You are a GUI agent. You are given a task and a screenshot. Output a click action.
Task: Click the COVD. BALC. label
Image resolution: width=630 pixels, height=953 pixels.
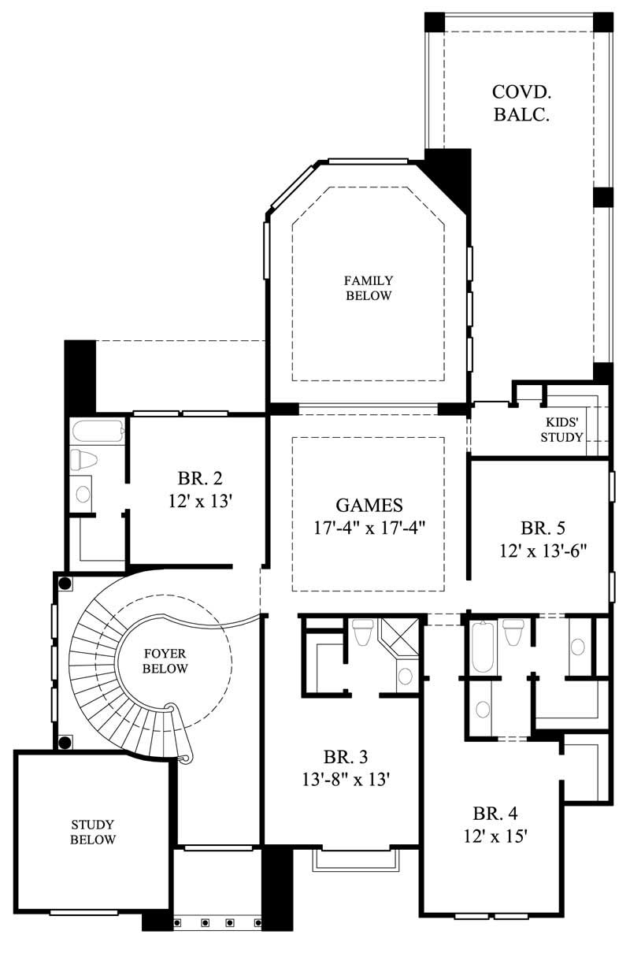[521, 102]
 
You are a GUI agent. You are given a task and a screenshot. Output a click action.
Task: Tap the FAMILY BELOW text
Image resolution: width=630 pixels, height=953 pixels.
[368, 288]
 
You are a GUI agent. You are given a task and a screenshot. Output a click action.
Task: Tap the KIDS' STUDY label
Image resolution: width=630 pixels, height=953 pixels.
[561, 430]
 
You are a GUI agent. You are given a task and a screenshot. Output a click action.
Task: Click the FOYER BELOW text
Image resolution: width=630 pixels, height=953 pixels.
[165, 662]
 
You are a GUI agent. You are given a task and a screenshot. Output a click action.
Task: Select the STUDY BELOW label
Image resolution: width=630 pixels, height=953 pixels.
[93, 832]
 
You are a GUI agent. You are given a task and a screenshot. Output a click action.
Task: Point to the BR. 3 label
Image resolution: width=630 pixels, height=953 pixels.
[346, 758]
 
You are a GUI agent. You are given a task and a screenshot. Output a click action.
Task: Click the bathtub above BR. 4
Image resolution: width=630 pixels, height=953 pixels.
[482, 647]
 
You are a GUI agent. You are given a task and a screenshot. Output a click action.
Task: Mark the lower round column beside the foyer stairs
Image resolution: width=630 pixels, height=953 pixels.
[65, 741]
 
